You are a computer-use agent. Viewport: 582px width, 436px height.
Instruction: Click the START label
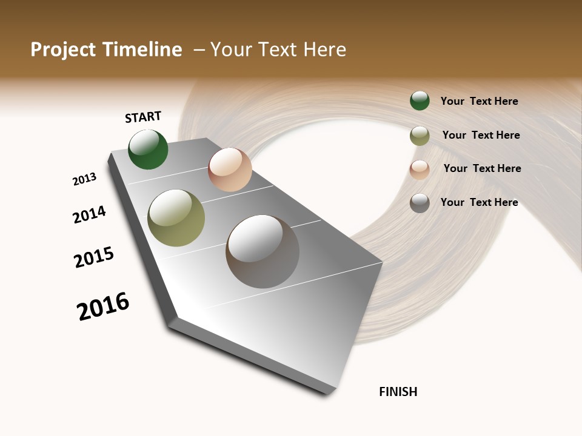[x=143, y=117]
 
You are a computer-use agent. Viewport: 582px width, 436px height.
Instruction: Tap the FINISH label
[x=398, y=392]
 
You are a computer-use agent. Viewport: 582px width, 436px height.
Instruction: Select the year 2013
[x=84, y=179]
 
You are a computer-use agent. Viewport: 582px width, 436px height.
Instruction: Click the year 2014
[x=89, y=215]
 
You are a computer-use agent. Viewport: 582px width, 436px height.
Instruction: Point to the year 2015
[x=94, y=257]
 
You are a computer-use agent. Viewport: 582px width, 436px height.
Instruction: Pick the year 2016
[x=103, y=306]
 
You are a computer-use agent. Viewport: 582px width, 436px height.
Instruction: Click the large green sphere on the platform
[x=148, y=150]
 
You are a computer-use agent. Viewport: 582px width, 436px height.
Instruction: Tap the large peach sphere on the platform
[x=230, y=170]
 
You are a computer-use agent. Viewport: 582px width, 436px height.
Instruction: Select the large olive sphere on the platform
[x=176, y=218]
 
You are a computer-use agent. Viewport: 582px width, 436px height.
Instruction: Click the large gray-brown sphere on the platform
[x=263, y=251]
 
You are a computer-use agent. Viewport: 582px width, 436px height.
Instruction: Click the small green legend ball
[x=420, y=101]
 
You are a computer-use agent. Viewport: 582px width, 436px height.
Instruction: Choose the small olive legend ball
[x=420, y=136]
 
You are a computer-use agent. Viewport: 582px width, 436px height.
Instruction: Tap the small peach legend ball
[x=420, y=170]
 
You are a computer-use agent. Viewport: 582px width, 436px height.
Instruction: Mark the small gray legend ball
[x=420, y=203]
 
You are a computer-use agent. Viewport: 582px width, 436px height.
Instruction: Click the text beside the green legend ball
[x=479, y=101]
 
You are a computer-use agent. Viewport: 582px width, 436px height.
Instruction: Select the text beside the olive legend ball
[x=481, y=135]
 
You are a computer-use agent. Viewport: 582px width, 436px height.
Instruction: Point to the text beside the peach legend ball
[x=482, y=168]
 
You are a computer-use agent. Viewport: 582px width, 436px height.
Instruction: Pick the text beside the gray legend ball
[x=479, y=202]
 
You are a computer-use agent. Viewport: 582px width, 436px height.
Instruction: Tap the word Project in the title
[x=64, y=50]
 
